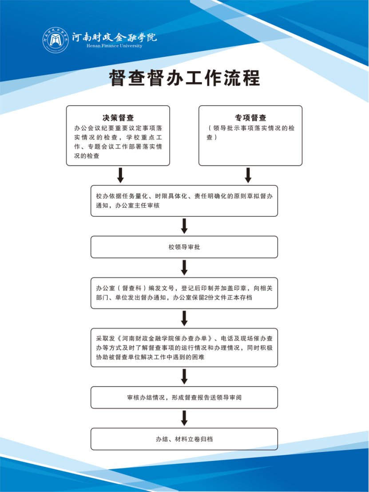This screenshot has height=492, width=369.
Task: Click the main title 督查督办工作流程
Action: pos(184,78)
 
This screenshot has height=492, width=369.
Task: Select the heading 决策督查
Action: pos(118,118)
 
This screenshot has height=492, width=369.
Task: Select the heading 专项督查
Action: pos(250,118)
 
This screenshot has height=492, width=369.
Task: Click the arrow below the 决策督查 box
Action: pos(120,175)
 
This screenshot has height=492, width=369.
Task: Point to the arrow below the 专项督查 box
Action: pos(248,175)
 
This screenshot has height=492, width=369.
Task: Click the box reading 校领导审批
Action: pos(184,247)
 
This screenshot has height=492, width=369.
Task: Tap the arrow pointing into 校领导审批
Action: pos(184,226)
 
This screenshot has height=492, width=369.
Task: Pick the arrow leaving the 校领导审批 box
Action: pos(184,267)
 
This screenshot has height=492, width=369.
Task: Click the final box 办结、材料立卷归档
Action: pos(184,439)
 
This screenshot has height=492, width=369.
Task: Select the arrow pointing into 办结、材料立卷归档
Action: pos(184,418)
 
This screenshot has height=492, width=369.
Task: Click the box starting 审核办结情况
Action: pos(184,397)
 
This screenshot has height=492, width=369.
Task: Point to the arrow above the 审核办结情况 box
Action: pos(184,376)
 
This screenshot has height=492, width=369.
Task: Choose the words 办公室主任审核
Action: pos(137,206)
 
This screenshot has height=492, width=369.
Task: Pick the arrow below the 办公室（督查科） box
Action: pos(184,318)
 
